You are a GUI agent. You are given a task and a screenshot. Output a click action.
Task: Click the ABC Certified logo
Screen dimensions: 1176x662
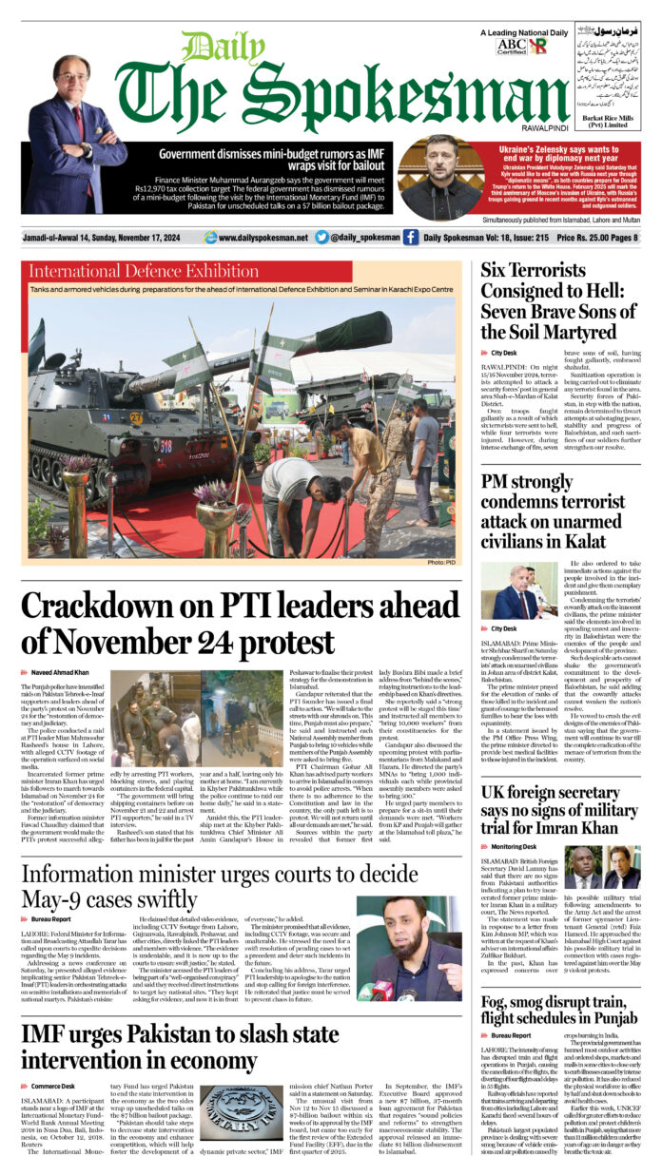512,45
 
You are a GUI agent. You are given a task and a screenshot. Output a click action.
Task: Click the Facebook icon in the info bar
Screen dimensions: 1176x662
410,236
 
